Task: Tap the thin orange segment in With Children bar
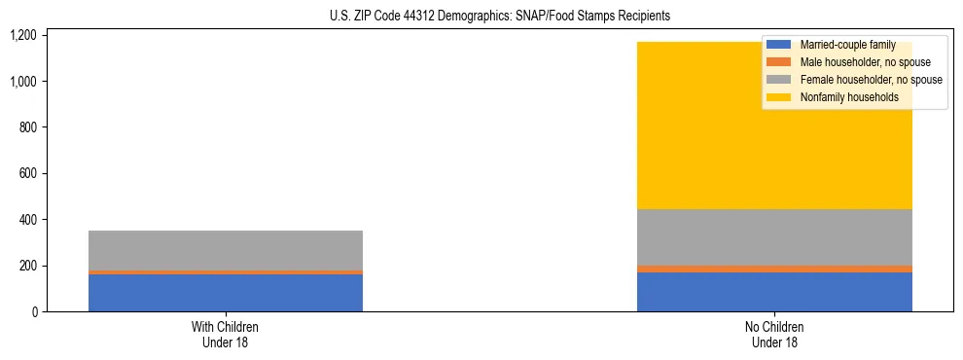tap(226, 272)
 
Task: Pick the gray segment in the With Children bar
tap(226, 250)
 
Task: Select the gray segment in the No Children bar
tap(774, 236)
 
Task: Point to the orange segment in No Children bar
tap(774, 269)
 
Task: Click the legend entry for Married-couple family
tap(846, 45)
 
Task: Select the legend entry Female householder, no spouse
tap(870, 80)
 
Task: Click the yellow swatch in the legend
tap(779, 97)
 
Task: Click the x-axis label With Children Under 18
tap(226, 335)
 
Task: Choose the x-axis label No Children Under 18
tap(774, 335)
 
